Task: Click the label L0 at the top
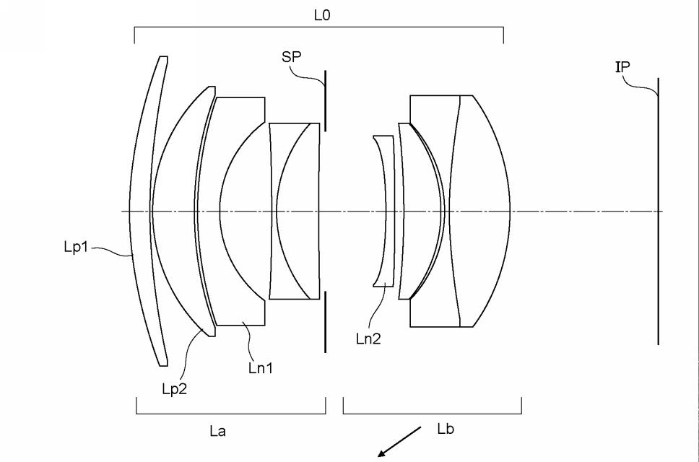(x=323, y=14)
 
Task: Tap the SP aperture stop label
(x=291, y=58)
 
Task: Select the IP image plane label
(x=622, y=66)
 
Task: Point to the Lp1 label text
(x=74, y=247)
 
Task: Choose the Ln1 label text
(x=260, y=367)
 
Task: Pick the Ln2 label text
(x=368, y=338)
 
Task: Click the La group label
(x=217, y=432)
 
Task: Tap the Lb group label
(x=446, y=430)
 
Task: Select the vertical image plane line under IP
(x=658, y=217)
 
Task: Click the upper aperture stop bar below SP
(x=325, y=101)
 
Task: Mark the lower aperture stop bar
(x=325, y=321)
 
